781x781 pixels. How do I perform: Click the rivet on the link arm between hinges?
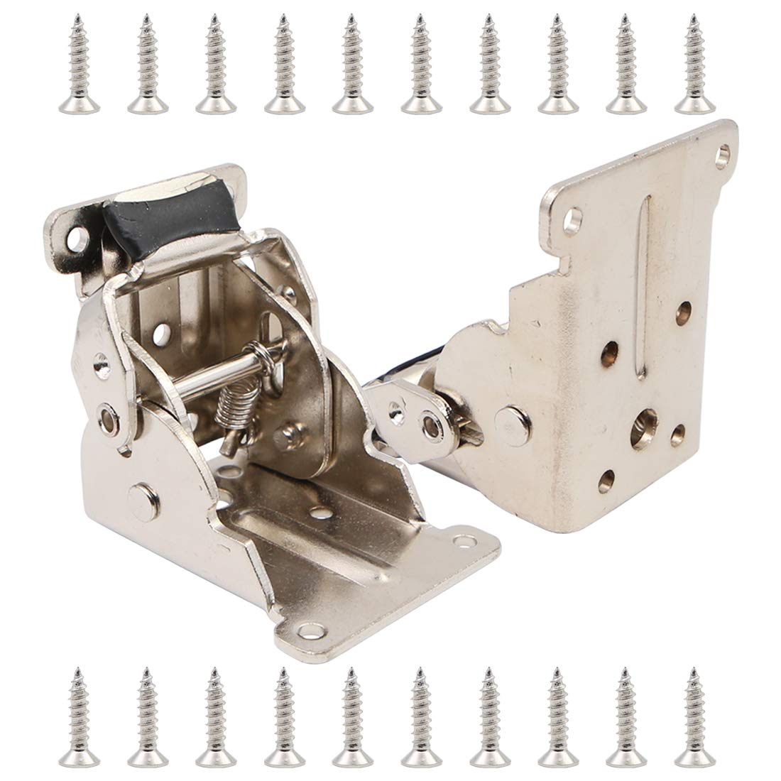[430, 425]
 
